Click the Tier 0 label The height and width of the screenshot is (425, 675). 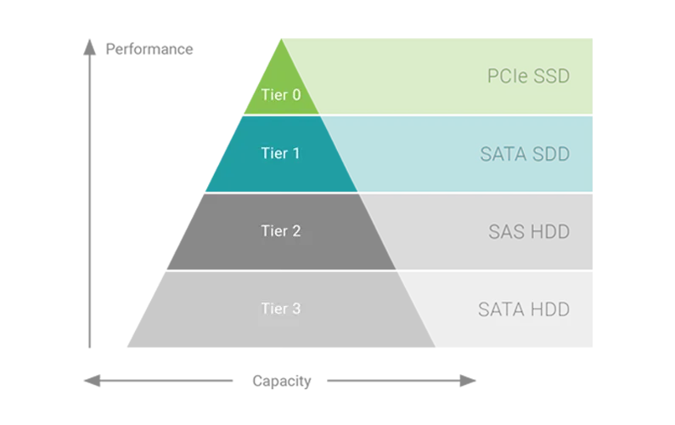(280, 94)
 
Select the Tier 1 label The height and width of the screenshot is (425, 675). (280, 154)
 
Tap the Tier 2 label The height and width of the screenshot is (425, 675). (280, 230)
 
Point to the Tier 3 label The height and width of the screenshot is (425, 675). (280, 309)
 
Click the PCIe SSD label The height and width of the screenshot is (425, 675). (527, 76)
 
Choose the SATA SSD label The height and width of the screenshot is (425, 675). (524, 155)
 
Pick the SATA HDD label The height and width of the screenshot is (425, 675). (523, 309)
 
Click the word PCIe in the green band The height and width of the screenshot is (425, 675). (506, 76)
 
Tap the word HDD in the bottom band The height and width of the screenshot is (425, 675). (549, 309)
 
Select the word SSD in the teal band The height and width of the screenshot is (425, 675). (549, 155)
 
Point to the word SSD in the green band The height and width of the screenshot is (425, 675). (550, 76)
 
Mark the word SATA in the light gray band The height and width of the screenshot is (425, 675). (499, 309)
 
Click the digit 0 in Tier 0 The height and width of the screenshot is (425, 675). (295, 94)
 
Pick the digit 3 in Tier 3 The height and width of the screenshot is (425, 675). (295, 309)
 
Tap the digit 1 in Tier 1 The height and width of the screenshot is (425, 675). (295, 154)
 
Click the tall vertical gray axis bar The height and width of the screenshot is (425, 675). (87, 195)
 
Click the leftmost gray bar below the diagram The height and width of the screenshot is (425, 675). (159, 381)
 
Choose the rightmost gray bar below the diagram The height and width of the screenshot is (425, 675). (403, 381)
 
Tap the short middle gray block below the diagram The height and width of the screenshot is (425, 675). (281, 382)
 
